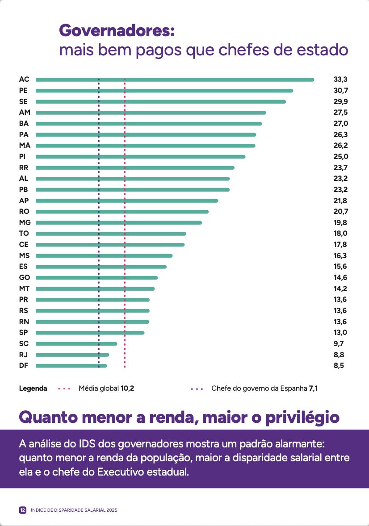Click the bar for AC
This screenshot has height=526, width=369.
tap(174, 79)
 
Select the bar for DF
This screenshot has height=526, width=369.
tap(71, 366)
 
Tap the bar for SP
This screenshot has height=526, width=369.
tap(90, 333)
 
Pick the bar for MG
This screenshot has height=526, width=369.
tap(118, 222)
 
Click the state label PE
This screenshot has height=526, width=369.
tap(24, 91)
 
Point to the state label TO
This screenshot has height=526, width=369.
tap(24, 234)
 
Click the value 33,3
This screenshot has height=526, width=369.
tap(340, 79)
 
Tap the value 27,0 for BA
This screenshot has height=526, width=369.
tap(340, 124)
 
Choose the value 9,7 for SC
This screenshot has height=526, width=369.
tap(339, 344)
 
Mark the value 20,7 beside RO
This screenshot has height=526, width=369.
tap(340, 212)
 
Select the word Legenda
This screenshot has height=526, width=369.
tap(33, 388)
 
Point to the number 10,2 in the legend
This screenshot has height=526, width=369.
tap(127, 388)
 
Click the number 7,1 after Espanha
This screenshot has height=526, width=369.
tap(313, 388)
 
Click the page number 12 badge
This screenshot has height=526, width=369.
tap(22, 510)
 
